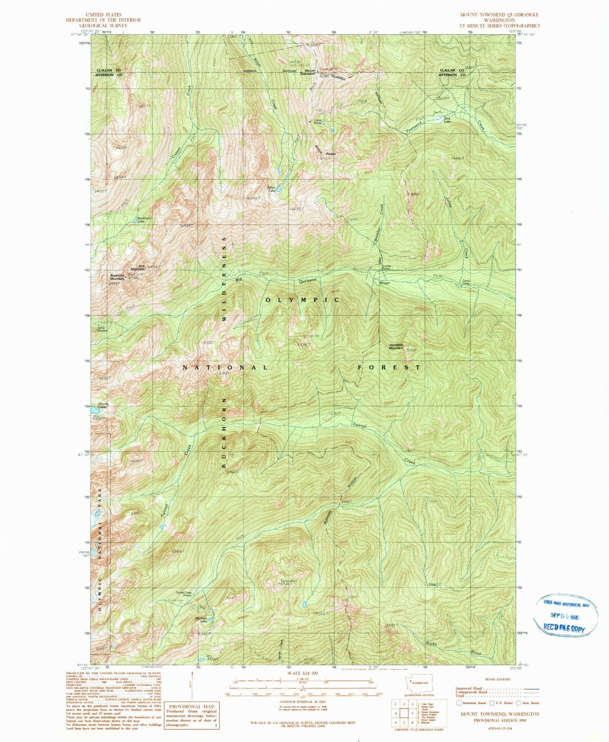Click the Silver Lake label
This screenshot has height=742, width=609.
point(271,189)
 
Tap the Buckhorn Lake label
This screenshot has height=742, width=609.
point(144,220)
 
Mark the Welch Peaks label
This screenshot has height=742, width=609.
point(325,151)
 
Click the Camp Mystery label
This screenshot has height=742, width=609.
point(102,329)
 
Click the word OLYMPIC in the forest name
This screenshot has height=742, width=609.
point(302,300)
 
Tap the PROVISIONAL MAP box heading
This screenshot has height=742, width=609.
point(192,707)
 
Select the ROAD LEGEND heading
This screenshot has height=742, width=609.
point(498,679)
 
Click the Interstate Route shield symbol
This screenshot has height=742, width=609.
point(459,703)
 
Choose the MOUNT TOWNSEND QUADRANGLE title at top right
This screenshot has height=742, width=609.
point(499,15)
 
